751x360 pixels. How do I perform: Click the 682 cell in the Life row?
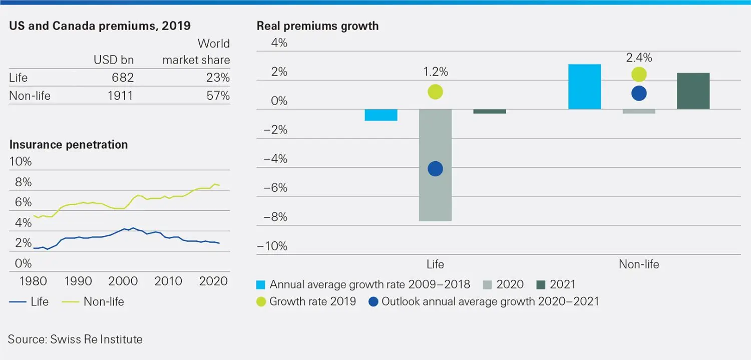pyautogui.click(x=121, y=78)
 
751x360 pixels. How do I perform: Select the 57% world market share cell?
pyautogui.click(x=218, y=95)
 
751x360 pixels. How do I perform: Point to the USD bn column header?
pyautogui.click(x=114, y=61)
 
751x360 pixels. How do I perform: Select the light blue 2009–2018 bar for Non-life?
pyautogui.click(x=584, y=87)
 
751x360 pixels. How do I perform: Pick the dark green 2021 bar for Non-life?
pyautogui.click(x=693, y=91)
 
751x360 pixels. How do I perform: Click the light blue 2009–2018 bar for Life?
pyautogui.click(x=381, y=115)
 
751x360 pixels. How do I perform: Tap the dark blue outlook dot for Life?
pyautogui.click(x=435, y=169)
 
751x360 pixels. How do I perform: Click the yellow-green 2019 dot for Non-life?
pyautogui.click(x=639, y=74)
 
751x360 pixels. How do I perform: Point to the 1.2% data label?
pyautogui.click(x=435, y=72)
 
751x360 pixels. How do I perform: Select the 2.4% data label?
pyautogui.click(x=639, y=58)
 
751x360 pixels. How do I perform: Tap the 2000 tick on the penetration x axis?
pyautogui.click(x=123, y=281)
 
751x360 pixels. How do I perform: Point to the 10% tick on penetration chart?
pyautogui.click(x=20, y=162)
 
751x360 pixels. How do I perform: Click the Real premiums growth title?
pyautogui.click(x=317, y=26)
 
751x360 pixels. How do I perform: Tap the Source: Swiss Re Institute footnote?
pyautogui.click(x=75, y=339)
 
